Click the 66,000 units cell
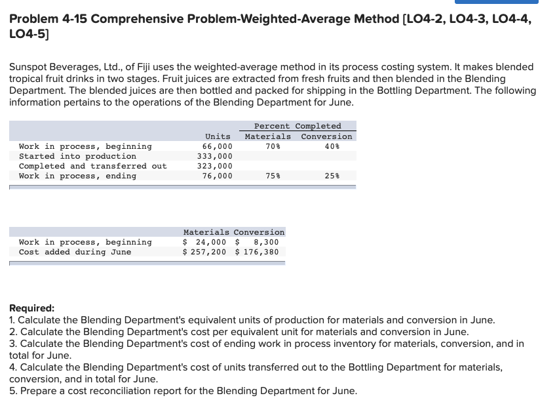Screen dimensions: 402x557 [218, 146]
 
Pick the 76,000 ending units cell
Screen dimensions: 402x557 [218, 176]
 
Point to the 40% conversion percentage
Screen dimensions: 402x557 [332, 146]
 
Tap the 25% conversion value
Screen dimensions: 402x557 [332, 176]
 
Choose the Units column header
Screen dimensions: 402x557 [218, 136]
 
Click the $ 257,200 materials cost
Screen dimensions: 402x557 [204, 252]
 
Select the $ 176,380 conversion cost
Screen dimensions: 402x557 [257, 252]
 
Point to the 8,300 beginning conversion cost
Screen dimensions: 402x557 [266, 242]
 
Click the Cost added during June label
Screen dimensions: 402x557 [75, 252]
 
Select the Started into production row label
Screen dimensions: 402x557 [78, 156]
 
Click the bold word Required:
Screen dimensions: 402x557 [32, 308]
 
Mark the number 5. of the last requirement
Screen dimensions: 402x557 [13, 391]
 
